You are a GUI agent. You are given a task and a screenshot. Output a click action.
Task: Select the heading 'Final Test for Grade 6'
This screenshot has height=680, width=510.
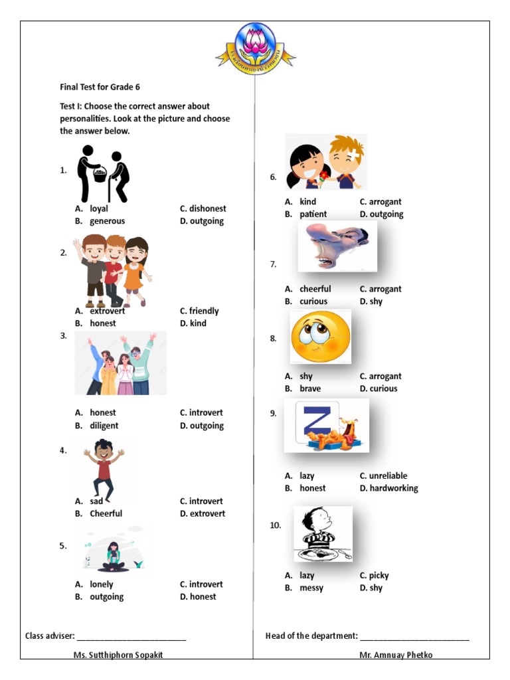[100, 87]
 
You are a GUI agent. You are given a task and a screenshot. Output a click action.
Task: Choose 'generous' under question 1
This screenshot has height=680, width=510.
[107, 221]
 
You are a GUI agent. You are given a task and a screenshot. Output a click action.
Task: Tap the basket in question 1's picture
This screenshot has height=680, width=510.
[100, 175]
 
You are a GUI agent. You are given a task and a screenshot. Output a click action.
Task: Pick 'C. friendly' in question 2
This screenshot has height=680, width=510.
[199, 311]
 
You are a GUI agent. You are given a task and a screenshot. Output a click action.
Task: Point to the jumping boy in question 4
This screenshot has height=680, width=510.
[104, 467]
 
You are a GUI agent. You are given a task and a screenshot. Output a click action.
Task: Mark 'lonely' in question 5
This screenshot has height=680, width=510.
[102, 584]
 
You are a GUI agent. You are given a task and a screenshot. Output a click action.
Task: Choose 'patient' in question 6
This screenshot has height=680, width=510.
[313, 214]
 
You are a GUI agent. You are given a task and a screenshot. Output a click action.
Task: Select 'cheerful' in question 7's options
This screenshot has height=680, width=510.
[315, 289]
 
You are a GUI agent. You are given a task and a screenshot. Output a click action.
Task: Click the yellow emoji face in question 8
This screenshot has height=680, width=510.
[320, 337]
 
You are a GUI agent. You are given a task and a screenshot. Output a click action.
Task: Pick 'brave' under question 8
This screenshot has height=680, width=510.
[310, 388]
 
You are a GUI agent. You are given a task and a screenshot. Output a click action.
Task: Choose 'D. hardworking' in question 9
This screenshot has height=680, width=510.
[389, 488]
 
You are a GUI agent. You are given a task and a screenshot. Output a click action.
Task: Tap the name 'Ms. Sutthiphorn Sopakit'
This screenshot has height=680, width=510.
[118, 655]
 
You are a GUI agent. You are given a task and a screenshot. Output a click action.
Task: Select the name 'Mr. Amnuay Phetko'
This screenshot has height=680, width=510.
[396, 655]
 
